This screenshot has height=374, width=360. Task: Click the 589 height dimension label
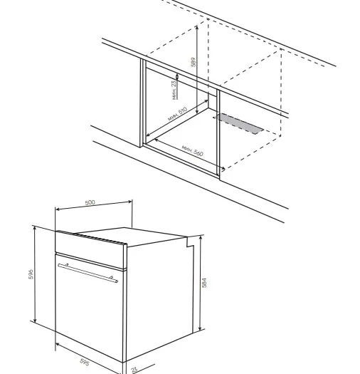click(194, 62)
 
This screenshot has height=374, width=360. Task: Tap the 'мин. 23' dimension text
click(174, 90)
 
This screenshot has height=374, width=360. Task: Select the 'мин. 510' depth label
click(178, 114)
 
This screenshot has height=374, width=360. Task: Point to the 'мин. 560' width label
click(193, 151)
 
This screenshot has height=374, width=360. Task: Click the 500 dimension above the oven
click(90, 202)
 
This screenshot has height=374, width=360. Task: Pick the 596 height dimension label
click(31, 274)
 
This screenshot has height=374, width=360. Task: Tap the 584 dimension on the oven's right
click(204, 282)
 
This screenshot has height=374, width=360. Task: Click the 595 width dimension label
click(85, 362)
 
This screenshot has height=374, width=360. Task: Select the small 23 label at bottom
click(134, 370)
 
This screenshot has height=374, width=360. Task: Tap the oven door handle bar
click(88, 273)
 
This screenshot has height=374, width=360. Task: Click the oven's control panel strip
click(90, 249)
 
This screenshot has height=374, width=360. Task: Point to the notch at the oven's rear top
click(190, 241)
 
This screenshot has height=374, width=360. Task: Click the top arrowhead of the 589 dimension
click(197, 27)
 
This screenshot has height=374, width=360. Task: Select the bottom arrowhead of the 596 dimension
click(35, 320)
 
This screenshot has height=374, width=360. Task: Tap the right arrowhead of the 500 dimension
click(130, 202)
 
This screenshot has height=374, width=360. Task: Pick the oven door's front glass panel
click(89, 308)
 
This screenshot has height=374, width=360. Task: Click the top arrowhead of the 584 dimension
click(201, 237)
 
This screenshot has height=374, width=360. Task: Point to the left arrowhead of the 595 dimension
click(57, 345)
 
